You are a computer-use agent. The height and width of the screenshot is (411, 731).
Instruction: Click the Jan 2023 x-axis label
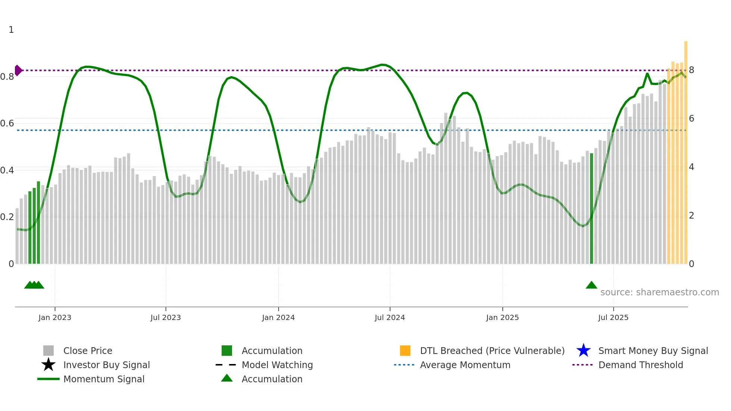[x=55, y=317]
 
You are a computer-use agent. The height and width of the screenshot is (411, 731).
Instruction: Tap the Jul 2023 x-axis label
[x=166, y=317]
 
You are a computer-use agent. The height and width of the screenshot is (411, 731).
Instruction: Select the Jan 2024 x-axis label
[x=278, y=317]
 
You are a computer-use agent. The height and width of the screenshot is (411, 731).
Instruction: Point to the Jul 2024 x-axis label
[x=390, y=317]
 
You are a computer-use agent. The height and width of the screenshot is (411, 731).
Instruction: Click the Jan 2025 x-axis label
[x=502, y=317]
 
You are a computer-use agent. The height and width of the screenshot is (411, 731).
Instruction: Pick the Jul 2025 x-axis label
[x=613, y=317]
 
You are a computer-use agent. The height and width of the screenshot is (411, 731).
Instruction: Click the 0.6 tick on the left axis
[x=7, y=123]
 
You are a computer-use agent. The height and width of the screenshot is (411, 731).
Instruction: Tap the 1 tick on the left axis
[x=11, y=30]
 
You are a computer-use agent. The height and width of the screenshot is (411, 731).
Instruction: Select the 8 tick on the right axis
[x=691, y=70]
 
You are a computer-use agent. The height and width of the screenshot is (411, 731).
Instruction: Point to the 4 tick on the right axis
[x=691, y=167]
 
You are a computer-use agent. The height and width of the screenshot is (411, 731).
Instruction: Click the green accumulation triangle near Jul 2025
[x=592, y=285]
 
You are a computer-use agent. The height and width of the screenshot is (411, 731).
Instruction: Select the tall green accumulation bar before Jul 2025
[x=592, y=209]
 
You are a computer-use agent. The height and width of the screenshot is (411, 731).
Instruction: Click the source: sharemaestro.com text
[x=659, y=292]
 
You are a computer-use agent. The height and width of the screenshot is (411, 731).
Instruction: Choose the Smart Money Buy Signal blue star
[x=583, y=351]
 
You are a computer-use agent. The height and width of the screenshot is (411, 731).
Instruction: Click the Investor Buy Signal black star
[x=48, y=365]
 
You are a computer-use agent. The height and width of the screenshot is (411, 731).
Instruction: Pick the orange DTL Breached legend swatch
[x=405, y=351]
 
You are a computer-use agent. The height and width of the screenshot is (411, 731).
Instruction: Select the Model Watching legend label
[x=277, y=365]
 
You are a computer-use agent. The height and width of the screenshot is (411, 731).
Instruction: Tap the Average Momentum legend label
[x=465, y=365]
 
